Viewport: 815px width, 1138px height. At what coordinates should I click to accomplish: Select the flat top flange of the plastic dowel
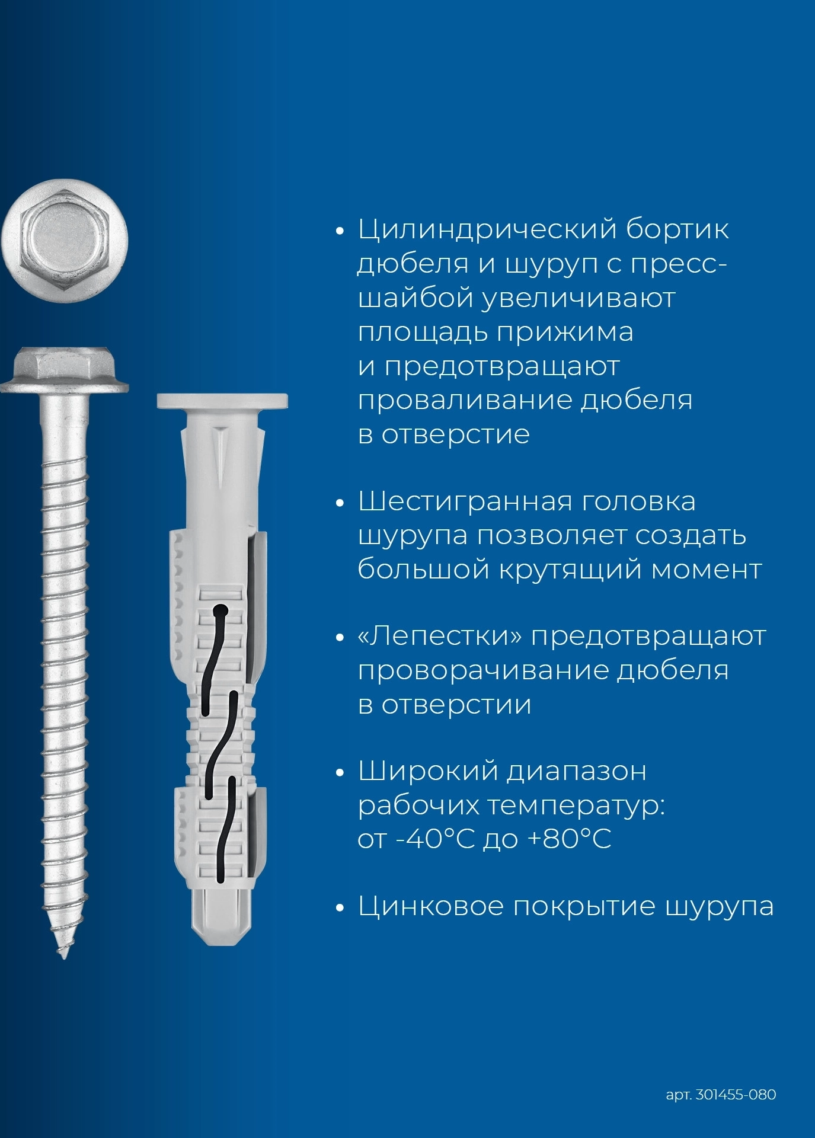[x=222, y=401]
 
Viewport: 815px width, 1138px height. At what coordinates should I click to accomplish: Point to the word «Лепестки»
[x=440, y=637]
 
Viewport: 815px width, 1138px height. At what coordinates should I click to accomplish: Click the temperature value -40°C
[x=436, y=839]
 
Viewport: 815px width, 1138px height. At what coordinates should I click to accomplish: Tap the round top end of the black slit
[x=220, y=610]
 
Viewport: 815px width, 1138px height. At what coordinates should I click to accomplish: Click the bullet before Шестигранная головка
[x=340, y=503]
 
